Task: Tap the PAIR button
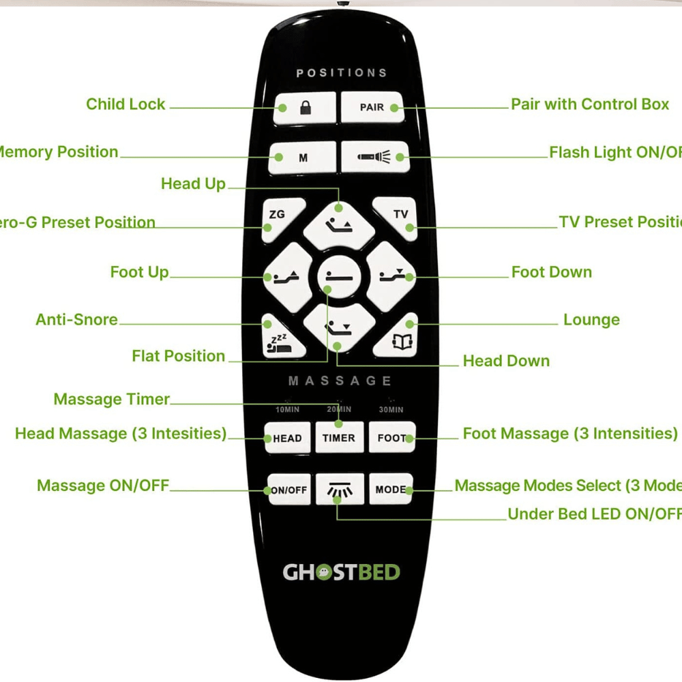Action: pyautogui.click(x=372, y=108)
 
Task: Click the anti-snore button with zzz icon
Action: pyautogui.click(x=280, y=338)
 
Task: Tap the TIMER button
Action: pyautogui.click(x=339, y=438)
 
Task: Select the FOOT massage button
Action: pyautogui.click(x=391, y=438)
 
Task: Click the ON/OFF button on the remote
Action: pyautogui.click(x=289, y=490)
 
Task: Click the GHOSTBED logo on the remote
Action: pyautogui.click(x=341, y=572)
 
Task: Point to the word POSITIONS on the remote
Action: pyautogui.click(x=341, y=73)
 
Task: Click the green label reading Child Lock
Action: pyautogui.click(x=125, y=104)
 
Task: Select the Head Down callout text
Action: pyautogui.click(x=506, y=361)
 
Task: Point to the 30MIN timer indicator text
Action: pyautogui.click(x=391, y=410)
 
